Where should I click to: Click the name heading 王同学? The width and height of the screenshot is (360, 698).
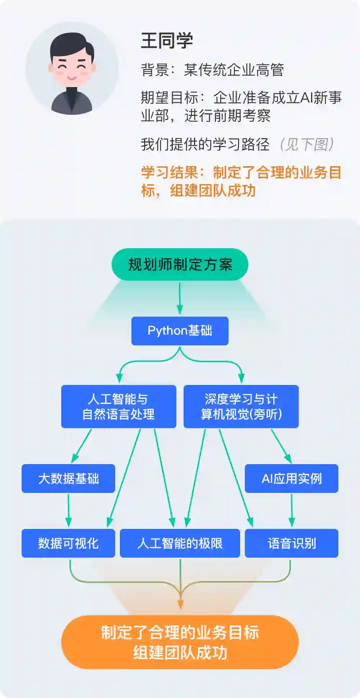tap(167, 40)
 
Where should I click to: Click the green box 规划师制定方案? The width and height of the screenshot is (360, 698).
tap(180, 264)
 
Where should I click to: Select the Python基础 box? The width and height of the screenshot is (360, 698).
tap(180, 331)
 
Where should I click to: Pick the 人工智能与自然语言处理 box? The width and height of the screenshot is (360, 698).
tap(118, 407)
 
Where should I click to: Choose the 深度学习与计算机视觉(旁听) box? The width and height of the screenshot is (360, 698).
tap(241, 407)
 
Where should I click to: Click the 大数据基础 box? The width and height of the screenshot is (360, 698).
tap(68, 479)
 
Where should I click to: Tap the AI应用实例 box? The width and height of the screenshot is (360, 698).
tap(292, 479)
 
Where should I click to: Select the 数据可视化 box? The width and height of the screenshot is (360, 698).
tap(68, 543)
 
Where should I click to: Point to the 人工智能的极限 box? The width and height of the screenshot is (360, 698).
tap(180, 543)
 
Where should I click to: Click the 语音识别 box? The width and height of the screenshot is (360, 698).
tap(292, 543)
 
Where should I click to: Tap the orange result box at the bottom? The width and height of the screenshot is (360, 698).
tap(180, 642)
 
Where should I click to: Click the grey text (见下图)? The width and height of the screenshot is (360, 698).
tap(307, 144)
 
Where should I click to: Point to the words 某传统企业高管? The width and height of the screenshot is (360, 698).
tap(234, 70)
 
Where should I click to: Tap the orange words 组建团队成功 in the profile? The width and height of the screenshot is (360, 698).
tap(213, 190)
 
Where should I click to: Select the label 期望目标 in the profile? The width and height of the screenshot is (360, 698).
tap(169, 98)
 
